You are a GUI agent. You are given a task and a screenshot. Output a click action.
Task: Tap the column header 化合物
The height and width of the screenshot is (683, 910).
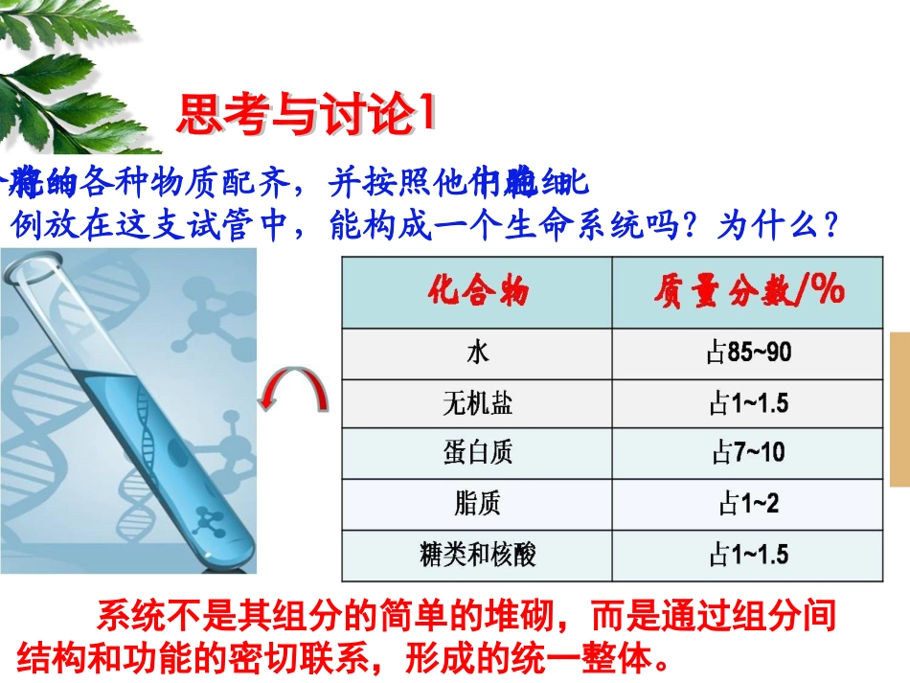pos(477,289)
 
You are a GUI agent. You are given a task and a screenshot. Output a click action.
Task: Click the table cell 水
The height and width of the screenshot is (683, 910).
pos(477,353)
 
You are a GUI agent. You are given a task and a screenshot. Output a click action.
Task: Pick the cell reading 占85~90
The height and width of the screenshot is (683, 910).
pos(749,353)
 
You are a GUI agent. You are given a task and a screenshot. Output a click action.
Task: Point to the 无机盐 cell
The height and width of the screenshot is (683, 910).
pos(477,403)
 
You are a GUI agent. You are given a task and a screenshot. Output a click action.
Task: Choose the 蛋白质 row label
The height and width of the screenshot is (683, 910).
pos(477,453)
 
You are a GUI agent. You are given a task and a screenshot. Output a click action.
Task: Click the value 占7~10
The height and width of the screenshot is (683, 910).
pos(749,453)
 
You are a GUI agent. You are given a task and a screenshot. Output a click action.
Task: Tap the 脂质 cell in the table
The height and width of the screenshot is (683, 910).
pos(477,504)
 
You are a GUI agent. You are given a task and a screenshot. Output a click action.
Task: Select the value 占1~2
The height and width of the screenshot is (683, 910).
pos(749,504)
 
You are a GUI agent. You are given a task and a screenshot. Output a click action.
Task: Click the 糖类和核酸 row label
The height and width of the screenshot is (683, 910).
pos(477,555)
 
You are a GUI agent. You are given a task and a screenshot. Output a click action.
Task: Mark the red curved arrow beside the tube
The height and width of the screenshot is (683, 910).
pos(295,393)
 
